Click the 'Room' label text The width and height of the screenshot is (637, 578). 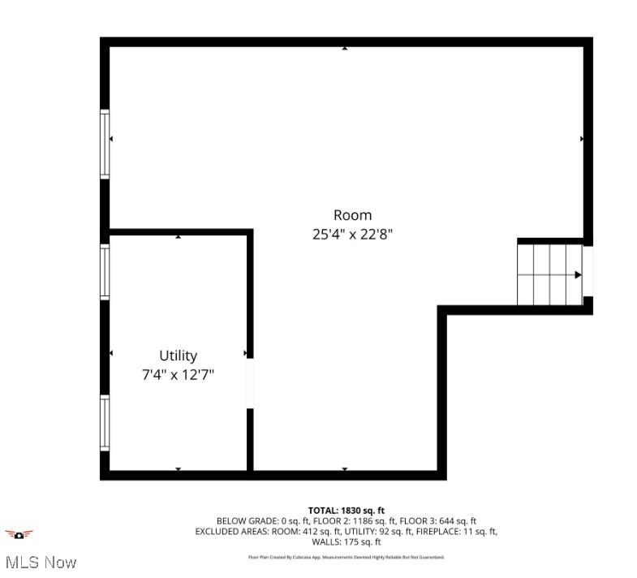point(352,215)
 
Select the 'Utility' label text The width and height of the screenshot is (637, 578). point(178,356)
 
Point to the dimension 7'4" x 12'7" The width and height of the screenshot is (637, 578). point(178,375)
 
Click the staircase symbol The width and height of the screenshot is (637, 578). point(550,274)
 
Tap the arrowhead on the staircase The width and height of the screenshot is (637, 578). point(578,275)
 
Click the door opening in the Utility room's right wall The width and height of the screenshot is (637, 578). point(250,382)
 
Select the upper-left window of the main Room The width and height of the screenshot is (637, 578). point(105,144)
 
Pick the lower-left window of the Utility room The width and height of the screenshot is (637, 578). point(105,423)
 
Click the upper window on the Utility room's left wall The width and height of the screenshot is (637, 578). point(105,272)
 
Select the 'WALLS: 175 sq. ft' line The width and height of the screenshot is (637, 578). point(346,541)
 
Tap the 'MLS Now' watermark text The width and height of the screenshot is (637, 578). point(41,562)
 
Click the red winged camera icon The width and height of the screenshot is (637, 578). point(19,534)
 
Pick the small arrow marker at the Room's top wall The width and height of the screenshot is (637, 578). point(345,49)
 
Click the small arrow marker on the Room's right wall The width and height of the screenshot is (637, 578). point(582,139)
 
